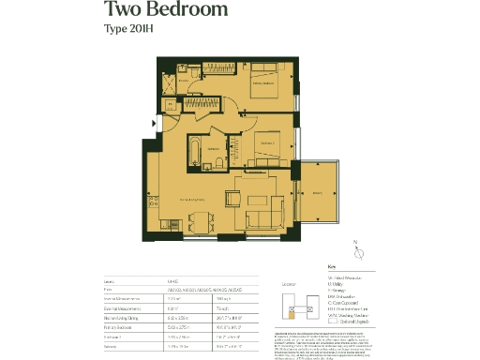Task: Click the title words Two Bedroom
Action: tap(165, 11)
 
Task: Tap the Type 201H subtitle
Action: tap(130, 32)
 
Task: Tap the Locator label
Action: tap(288, 281)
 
